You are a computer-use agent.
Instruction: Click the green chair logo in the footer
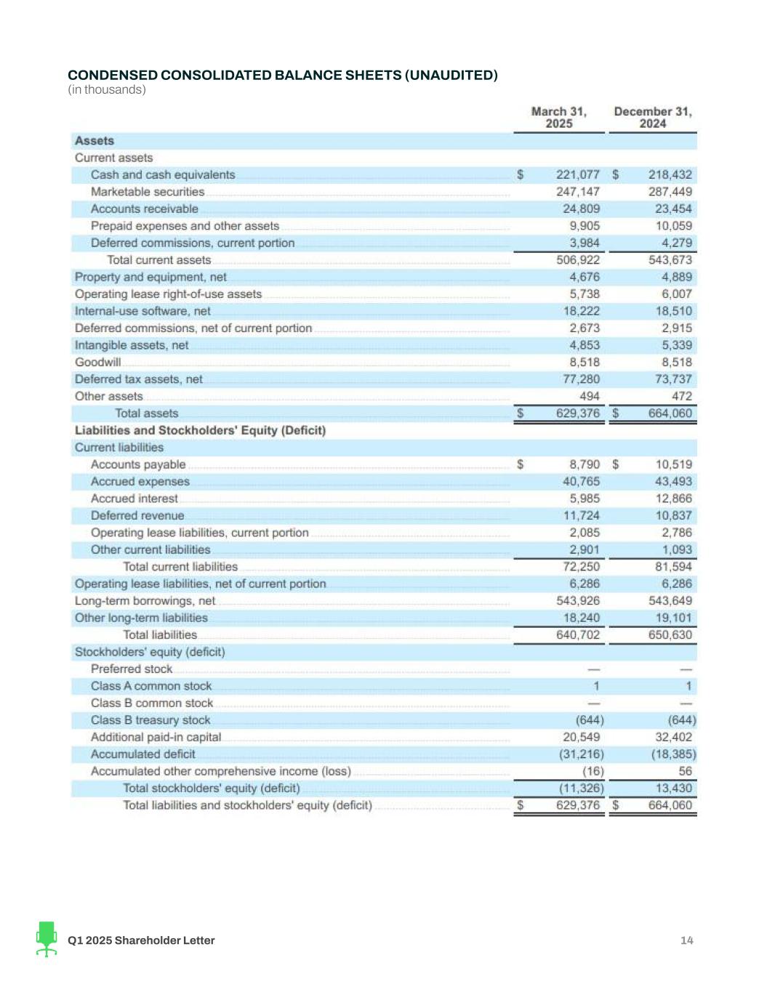pos(47,939)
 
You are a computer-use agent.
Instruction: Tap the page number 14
pos(686,940)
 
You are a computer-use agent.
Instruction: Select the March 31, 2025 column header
pos(558,118)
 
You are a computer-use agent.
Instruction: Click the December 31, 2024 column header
pos(652,118)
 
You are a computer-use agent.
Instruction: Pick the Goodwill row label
pos(98,362)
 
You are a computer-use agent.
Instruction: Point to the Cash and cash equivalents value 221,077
pos(578,175)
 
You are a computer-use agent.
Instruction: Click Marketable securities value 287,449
pos(670,192)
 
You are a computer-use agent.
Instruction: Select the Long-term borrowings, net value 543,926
pos(578,601)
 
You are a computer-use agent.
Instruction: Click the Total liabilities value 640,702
pos(578,635)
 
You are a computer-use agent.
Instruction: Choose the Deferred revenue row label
pos(137,516)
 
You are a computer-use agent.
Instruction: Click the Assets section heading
pos(95,141)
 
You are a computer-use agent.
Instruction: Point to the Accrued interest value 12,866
pos(673,499)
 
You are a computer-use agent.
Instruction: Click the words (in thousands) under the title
pos(107,90)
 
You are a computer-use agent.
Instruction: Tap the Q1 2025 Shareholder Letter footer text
pos(141,940)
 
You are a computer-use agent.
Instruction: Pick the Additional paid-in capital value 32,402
pos(673,737)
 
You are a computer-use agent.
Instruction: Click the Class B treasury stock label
pos(150,720)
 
